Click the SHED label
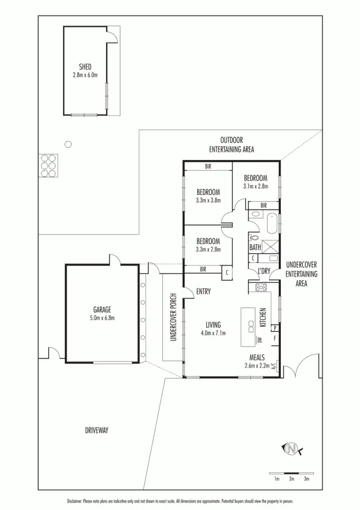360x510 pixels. [x=85, y=66]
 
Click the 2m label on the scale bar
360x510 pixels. [x=292, y=479]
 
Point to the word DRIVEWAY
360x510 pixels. [x=97, y=430]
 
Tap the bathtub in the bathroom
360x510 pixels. [x=272, y=224]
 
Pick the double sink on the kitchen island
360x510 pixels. [x=249, y=324]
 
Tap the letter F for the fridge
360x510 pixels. [x=275, y=339]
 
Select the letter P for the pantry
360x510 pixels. [x=275, y=328]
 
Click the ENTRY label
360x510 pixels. [x=203, y=292]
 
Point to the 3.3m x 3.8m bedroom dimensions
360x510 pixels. [x=208, y=200]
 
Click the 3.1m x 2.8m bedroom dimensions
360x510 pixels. [x=255, y=186]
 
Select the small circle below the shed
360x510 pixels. [x=68, y=144]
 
